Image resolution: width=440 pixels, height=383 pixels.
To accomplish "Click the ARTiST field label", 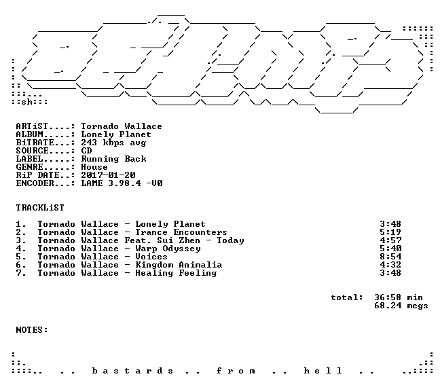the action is (32, 126).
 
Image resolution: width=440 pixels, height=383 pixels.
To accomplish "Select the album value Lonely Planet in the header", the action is (116, 134).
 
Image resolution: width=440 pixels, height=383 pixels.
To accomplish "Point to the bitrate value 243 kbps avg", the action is (113, 143).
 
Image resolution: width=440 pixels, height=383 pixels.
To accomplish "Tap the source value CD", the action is (86, 151).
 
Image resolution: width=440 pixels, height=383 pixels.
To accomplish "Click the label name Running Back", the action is (113, 159).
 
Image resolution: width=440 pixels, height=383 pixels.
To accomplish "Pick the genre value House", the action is (94, 167).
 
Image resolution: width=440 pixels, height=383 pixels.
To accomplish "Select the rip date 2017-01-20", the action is (108, 175).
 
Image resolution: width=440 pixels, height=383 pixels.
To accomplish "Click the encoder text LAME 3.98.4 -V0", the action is (122, 183).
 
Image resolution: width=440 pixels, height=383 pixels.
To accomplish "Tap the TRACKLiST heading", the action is (40, 208).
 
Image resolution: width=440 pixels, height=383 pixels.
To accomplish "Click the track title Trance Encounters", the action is (181, 233).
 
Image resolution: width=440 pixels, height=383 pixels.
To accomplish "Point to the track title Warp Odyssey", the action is (168, 249).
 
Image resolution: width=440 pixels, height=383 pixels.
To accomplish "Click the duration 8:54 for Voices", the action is (390, 257).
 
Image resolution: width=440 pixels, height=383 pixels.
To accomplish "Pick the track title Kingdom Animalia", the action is (179, 265).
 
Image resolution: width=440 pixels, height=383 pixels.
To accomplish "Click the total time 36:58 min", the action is (398, 297).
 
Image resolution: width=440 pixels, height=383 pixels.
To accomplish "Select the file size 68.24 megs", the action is (401, 306).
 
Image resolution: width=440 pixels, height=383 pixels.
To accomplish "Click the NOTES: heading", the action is (32, 330).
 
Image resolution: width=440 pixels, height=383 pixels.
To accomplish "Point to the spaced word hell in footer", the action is (323, 371).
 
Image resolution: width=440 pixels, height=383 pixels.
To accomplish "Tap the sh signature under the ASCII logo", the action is (26, 102).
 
